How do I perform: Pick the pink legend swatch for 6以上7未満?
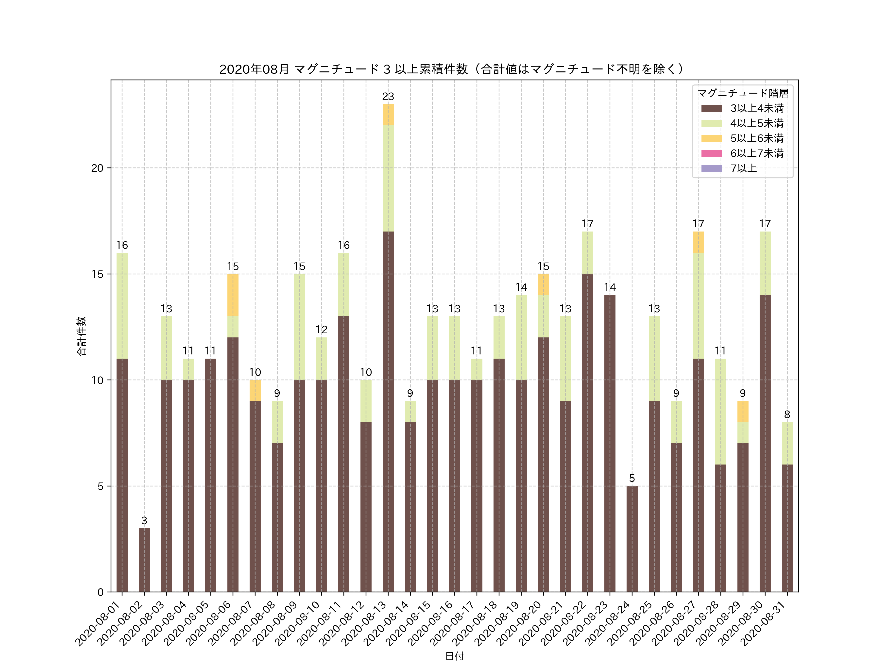click(x=711, y=153)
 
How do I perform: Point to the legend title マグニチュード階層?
click(x=743, y=93)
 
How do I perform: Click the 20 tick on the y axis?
click(x=97, y=168)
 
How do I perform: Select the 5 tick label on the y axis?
click(x=100, y=486)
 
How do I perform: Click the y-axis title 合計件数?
click(x=81, y=336)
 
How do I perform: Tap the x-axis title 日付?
click(x=454, y=656)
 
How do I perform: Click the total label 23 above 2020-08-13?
click(x=388, y=97)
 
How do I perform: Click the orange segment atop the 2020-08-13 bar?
click(x=388, y=115)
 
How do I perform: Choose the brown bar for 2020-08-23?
click(x=610, y=443)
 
